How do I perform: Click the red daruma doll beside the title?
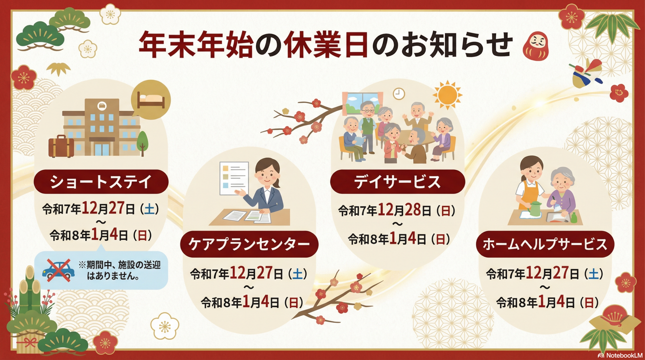536,46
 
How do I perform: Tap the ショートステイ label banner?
101,182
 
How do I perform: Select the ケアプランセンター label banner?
249,244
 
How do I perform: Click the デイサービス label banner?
397,182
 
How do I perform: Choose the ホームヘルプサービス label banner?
545,244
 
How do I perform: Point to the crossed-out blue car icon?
58,270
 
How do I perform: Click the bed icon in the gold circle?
151,100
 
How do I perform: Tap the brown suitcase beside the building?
61,146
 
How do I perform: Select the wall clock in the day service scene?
399,94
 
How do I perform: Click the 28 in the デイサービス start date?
413,210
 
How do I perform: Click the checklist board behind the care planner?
234,178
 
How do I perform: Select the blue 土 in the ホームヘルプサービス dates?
594,274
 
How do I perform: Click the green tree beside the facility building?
142,143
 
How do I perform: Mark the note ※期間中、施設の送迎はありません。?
120,270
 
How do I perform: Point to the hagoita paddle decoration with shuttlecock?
586,74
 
